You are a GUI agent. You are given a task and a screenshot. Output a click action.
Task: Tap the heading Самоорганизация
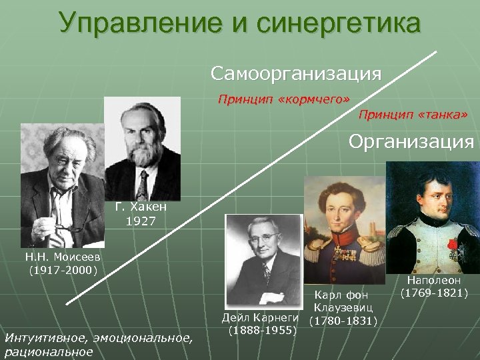(296, 73)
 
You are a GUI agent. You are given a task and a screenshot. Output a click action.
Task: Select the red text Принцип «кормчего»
(283, 99)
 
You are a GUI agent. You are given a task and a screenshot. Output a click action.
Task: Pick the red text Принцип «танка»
(413, 115)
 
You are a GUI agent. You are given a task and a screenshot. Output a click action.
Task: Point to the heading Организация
(411, 141)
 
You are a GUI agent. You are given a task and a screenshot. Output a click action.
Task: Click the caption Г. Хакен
(140, 207)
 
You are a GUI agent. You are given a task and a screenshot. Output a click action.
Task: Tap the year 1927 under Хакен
(140, 221)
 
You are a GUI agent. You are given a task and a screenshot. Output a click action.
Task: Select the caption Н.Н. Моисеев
(63, 257)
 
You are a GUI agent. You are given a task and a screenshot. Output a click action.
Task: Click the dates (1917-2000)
(63, 270)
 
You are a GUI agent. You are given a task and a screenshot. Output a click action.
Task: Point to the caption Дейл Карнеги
(263, 317)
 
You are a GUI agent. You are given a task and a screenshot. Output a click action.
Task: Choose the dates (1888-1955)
(263, 330)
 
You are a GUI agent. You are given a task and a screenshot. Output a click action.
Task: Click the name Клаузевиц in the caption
(343, 307)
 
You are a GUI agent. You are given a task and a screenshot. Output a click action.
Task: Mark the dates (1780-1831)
(343, 321)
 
